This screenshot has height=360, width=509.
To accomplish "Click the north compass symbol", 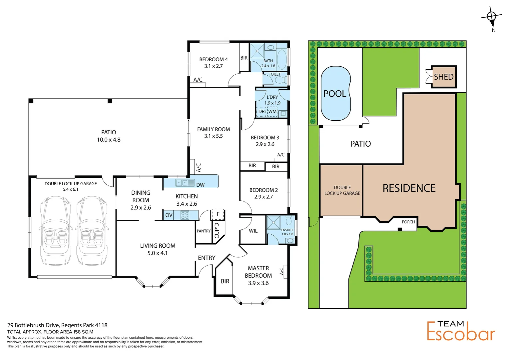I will coord(492,17).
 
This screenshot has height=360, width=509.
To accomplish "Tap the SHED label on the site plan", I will coord(443,77).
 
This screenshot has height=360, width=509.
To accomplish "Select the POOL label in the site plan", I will coord(335,94).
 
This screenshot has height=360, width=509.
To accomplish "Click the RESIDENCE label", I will coord(409,188).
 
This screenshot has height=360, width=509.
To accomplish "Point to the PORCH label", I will coord(408,222).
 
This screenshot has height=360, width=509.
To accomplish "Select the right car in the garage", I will coord(92,230).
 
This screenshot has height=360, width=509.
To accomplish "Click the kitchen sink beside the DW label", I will coord(185,183).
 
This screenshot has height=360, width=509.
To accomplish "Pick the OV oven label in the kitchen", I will coord(169,215).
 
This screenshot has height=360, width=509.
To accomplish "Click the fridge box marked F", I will coord(218,214).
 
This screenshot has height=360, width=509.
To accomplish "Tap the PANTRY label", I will coord(204,231).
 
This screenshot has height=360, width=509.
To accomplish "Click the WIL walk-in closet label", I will coord(253,231).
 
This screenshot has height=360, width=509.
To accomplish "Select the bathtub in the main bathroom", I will coord(281,59).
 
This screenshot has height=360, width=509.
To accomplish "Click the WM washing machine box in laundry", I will coord(272,112).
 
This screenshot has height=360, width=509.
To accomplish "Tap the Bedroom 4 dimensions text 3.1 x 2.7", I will coord(213,66).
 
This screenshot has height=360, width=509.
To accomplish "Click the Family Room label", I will coord(213,129).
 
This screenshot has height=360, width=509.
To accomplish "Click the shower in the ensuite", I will coord(273,223).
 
